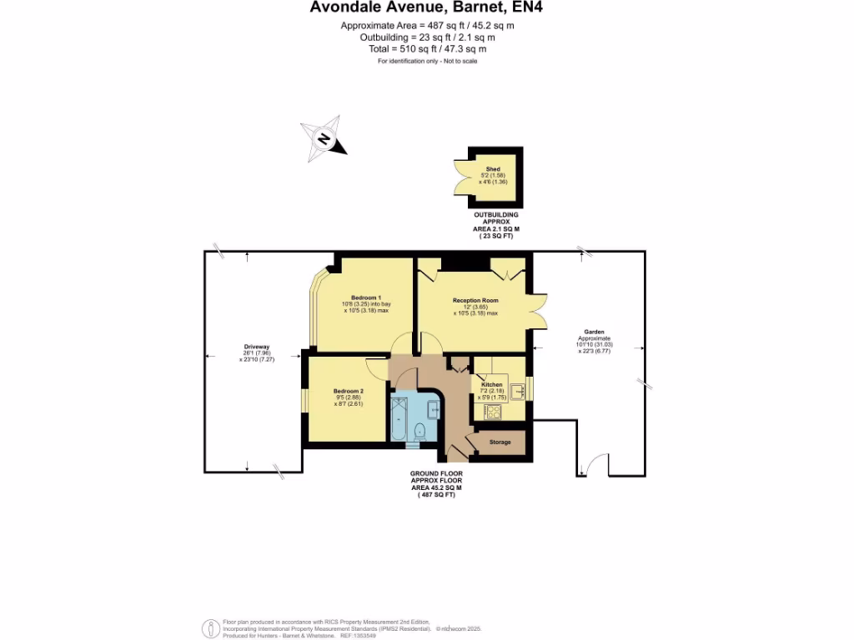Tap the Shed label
(493, 168)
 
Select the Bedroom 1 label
(366, 298)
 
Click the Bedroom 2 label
(349, 391)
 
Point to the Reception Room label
(475, 300)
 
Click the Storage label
(500, 442)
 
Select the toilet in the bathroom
(419, 431)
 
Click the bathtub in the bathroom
(399, 418)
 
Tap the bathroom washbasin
(434, 408)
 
